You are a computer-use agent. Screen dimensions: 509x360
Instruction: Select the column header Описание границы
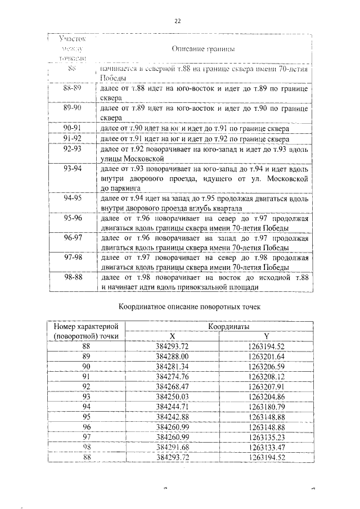202,49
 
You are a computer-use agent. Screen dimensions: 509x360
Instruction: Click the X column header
172,336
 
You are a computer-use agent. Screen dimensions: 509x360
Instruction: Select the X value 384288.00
172,357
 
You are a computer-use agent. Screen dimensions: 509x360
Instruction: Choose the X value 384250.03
172,397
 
